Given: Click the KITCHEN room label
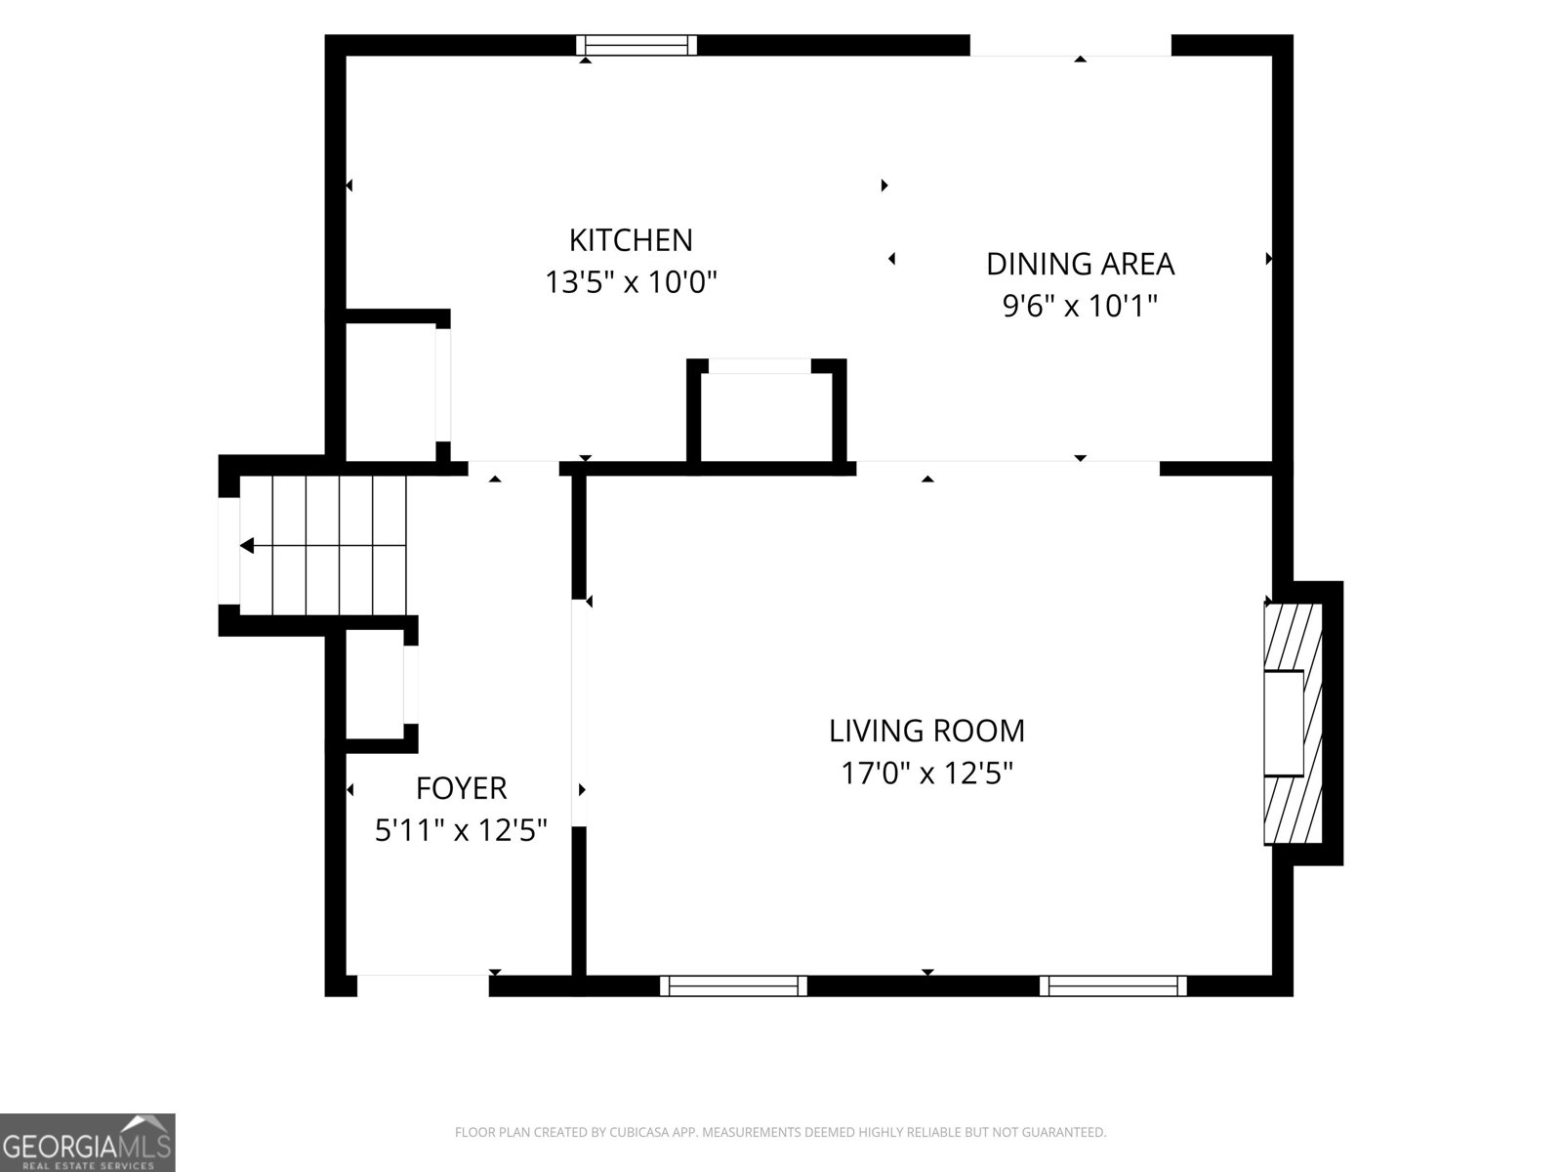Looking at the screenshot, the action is tap(631, 240).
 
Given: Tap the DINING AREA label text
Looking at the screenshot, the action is tap(1080, 264).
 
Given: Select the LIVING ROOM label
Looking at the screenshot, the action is tap(926, 731).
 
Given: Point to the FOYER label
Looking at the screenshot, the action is tap(461, 788).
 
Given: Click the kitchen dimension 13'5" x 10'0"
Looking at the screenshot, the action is tap(631, 282).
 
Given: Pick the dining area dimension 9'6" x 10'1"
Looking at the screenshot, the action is tap(1080, 306).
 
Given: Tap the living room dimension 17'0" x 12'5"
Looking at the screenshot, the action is tap(926, 773).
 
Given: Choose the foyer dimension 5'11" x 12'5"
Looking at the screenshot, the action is tap(461, 830).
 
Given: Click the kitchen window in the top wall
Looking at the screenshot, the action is tap(637, 45).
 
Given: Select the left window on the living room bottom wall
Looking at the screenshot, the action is tap(733, 985).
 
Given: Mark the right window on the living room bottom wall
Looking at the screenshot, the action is tap(1113, 985).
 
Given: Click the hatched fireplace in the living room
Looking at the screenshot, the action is tap(1293, 724).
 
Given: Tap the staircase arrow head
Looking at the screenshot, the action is tap(247, 546).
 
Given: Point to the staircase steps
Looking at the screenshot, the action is tap(322, 545).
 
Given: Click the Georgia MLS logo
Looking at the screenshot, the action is tap(88, 1143).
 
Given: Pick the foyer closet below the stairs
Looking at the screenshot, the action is tap(375, 685).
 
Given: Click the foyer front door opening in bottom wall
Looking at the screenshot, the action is tap(423, 985).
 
